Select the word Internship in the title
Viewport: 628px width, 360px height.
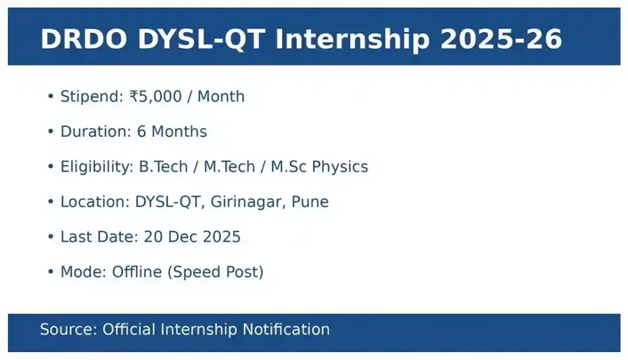pos(352,39)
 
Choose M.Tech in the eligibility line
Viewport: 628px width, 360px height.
pos(230,167)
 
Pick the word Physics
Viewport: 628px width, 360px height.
pos(340,167)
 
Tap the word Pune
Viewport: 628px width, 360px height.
pos(311,202)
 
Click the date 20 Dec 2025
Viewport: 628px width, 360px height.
pos(192,237)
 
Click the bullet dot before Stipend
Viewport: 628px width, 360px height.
pos(50,97)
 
